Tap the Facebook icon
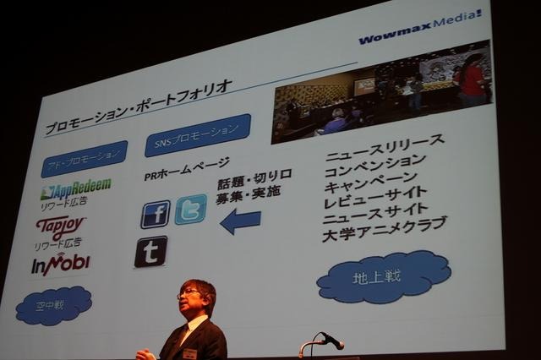(x=156, y=214)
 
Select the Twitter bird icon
(x=190, y=209)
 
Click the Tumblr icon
(x=150, y=251)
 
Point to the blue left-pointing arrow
(x=240, y=221)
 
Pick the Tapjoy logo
(x=61, y=226)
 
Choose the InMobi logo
(x=60, y=264)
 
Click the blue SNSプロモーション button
(x=197, y=134)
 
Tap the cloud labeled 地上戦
(x=383, y=276)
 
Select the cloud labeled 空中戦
(x=53, y=305)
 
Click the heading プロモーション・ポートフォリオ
(x=138, y=106)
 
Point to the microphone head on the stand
(x=332, y=340)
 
